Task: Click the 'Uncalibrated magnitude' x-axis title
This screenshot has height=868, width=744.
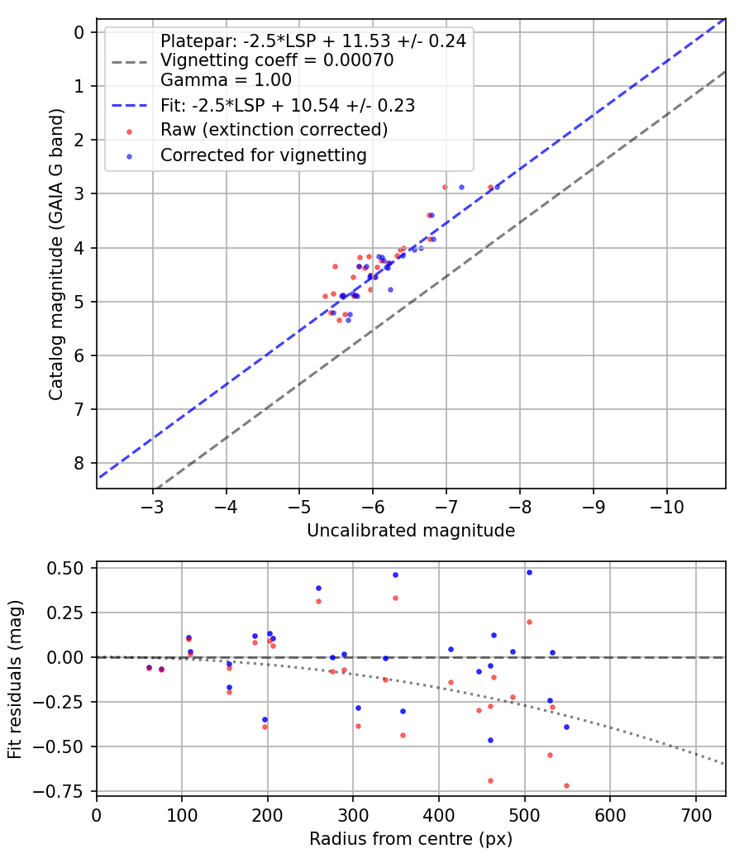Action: tap(411, 531)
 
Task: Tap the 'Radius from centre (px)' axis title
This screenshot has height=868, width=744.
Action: tap(411, 839)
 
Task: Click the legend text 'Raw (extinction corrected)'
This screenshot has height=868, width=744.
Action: tap(274, 130)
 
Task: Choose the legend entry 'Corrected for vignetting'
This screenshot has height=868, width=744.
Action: tap(264, 155)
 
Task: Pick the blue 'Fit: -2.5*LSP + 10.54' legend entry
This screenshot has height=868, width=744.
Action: tap(287, 105)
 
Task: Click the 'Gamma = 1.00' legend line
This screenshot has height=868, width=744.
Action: tap(226, 80)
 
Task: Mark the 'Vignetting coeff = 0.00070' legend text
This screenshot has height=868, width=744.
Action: tap(277, 60)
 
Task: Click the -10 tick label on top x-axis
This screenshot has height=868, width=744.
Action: tap(667, 506)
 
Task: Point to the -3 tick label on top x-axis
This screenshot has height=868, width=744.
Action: tap(153, 506)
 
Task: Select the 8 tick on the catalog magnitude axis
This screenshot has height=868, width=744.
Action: tap(79, 463)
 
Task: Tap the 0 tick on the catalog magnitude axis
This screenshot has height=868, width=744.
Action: tap(79, 32)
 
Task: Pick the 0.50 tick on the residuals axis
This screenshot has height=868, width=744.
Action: tap(69, 568)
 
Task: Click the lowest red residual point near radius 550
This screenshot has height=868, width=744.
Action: tap(566, 785)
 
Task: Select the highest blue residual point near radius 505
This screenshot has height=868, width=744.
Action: tap(529, 572)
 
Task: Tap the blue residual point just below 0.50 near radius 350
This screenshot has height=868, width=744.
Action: tap(395, 575)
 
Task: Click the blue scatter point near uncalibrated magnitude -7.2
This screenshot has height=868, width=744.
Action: tap(461, 187)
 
